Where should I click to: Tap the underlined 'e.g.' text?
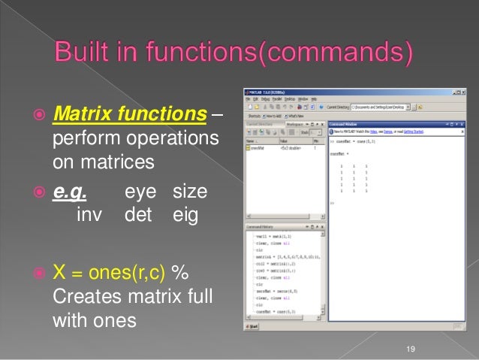point(69,194)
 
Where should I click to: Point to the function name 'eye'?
point(140,194)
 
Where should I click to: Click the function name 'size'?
point(189,194)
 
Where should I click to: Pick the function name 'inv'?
point(91,216)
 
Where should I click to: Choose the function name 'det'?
point(139,216)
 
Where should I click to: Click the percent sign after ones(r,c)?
point(180,271)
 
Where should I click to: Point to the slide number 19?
point(409,348)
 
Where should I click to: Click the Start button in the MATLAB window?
point(253,325)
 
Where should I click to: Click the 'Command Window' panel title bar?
point(347,122)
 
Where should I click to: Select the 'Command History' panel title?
point(260,225)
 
